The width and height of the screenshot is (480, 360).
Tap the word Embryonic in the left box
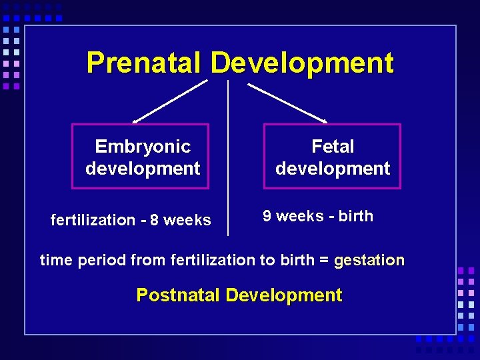point(143,147)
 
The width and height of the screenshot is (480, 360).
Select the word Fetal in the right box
point(333,147)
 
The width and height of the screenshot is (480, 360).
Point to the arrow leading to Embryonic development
point(170,101)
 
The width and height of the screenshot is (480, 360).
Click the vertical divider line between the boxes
point(228,160)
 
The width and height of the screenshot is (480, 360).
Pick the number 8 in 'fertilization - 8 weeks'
point(155,220)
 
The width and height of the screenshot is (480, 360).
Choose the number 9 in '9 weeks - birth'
point(267,216)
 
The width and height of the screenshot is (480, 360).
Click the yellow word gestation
point(369,260)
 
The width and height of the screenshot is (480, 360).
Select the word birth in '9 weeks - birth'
point(356,216)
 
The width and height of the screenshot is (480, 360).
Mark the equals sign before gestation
point(324,260)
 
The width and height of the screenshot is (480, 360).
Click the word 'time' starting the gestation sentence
point(56,260)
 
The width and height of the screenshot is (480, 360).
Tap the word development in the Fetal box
point(333,169)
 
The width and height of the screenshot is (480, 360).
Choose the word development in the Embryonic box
point(143,169)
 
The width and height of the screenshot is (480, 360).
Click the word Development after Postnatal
point(283,295)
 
